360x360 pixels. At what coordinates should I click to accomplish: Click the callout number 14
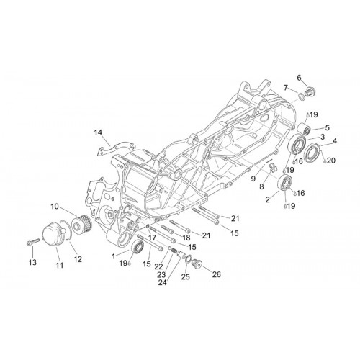(x=98, y=132)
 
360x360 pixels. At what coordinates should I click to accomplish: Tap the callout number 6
(x=299, y=78)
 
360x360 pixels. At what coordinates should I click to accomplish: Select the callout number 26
(x=217, y=274)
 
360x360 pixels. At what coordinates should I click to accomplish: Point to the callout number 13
(x=32, y=262)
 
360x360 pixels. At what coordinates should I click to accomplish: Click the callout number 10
(x=55, y=206)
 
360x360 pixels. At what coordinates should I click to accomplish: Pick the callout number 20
(x=331, y=161)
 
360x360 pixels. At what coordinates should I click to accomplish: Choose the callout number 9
(x=253, y=179)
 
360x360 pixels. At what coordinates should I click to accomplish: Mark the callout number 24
(x=162, y=282)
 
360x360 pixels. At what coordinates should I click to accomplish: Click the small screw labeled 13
(x=33, y=243)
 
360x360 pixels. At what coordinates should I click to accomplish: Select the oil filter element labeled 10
(x=82, y=225)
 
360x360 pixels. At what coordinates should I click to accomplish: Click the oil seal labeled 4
(x=312, y=152)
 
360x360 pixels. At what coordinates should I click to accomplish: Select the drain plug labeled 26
(x=198, y=264)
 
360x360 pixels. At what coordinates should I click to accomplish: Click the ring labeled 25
(x=188, y=259)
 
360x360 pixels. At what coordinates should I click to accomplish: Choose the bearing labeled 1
(x=138, y=246)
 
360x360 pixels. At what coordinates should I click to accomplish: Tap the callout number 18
(x=186, y=238)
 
